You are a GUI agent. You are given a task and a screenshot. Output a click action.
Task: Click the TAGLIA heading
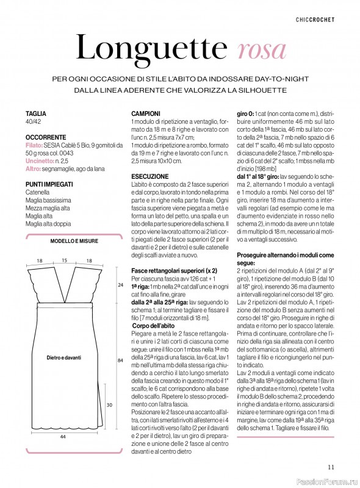point(36,113)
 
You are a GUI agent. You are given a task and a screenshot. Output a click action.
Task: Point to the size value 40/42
point(34,122)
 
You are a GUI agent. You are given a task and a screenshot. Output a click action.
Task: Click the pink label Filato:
point(34,147)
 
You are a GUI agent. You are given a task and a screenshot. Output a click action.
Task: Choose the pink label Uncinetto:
point(39,161)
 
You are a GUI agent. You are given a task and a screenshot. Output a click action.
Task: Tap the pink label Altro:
point(33,168)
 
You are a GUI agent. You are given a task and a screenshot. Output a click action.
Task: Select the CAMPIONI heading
point(146,113)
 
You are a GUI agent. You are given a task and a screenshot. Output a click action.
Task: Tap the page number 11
point(330,467)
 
